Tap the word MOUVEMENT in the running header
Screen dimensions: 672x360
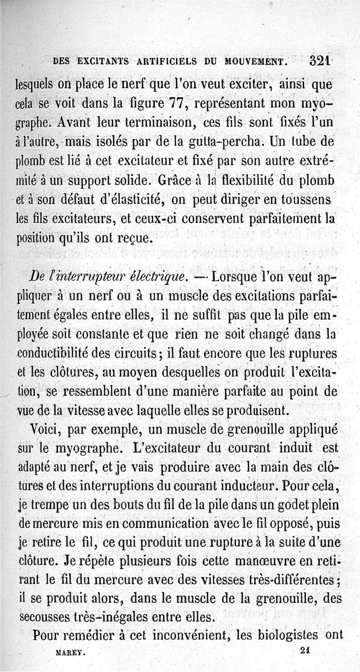coord(250,61)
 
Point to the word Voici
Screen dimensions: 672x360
coord(44,430)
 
